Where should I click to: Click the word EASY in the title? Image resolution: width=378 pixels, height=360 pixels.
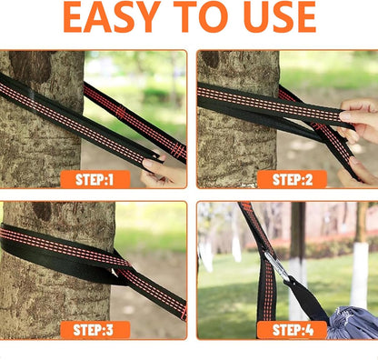pyautogui.click(x=112, y=17)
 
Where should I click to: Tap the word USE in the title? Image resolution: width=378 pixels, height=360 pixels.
pyautogui.click(x=280, y=17)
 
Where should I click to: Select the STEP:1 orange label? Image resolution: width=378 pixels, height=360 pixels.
pyautogui.click(x=95, y=179)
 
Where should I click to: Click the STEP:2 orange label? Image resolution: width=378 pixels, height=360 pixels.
pyautogui.click(x=292, y=179)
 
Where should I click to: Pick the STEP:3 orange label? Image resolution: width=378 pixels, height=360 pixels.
pyautogui.click(x=95, y=330)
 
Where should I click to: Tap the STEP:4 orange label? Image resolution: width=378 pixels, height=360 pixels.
pyautogui.click(x=292, y=330)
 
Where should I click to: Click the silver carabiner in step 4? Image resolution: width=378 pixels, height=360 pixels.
pyautogui.click(x=277, y=265)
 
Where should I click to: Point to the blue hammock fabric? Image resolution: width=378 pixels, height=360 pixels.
pyautogui.click(x=353, y=323)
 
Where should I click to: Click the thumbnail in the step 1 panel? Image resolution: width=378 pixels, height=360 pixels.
pyautogui.click(x=148, y=164)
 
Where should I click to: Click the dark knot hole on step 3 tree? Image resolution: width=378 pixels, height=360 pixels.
pyautogui.click(x=43, y=211)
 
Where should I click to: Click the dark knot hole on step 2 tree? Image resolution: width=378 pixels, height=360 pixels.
pyautogui.click(x=210, y=58)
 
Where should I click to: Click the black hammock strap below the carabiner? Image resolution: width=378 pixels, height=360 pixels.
pyautogui.click(x=306, y=298)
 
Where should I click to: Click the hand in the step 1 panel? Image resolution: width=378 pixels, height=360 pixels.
pyautogui.click(x=164, y=171)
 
